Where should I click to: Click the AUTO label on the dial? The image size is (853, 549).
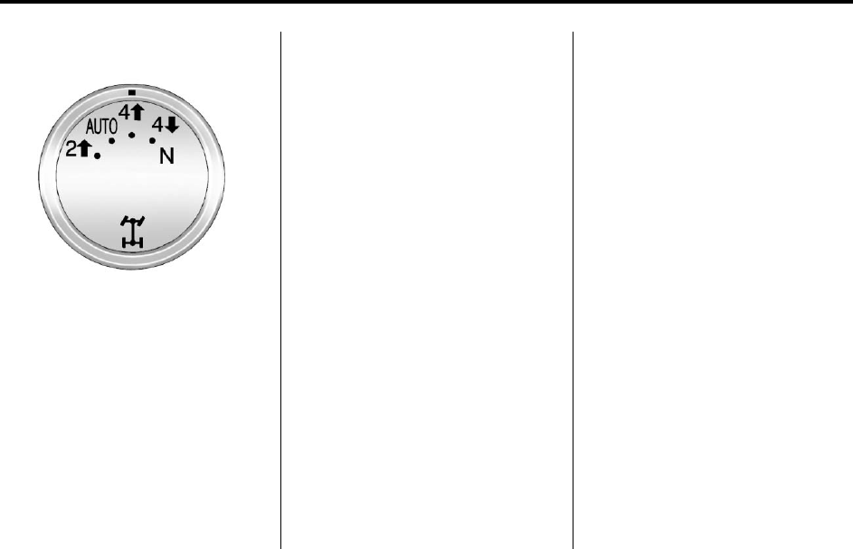click(x=101, y=127)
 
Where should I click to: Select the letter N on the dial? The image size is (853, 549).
click(x=166, y=156)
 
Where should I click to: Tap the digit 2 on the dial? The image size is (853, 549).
click(x=71, y=148)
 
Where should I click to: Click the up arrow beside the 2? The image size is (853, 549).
click(x=84, y=147)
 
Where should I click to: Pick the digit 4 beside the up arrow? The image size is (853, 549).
click(x=125, y=113)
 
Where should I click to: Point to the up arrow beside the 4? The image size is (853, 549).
click(x=137, y=112)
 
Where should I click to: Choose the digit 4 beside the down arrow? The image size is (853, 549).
click(x=157, y=125)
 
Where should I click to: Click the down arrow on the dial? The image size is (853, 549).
click(x=171, y=125)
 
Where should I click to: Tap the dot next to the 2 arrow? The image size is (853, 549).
click(x=98, y=156)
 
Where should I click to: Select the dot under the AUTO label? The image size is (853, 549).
click(x=111, y=141)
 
